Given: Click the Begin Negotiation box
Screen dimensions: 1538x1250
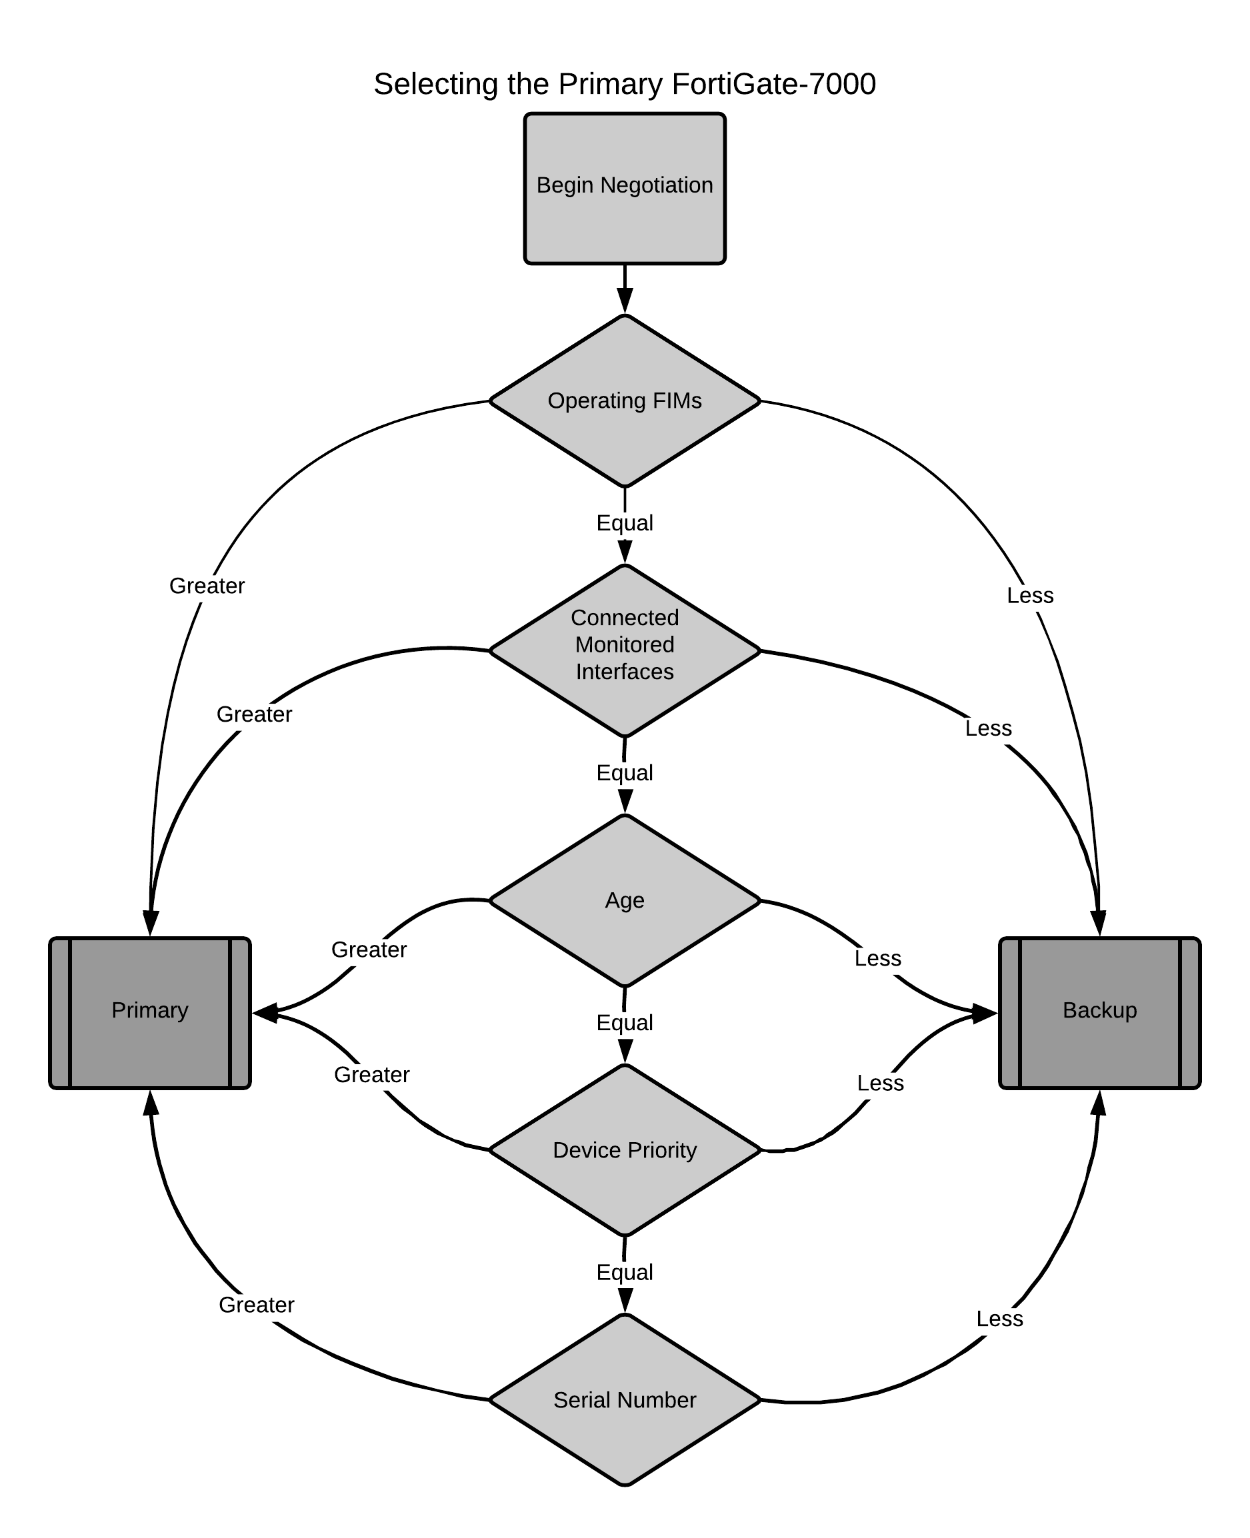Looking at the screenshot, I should click(624, 188).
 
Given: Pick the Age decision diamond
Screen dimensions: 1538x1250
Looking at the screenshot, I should click(624, 900).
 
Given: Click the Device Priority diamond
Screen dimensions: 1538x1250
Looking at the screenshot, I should click(624, 1150).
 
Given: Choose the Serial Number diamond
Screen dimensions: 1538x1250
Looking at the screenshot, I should click(624, 1399).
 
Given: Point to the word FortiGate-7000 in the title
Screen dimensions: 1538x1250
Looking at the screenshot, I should click(773, 84).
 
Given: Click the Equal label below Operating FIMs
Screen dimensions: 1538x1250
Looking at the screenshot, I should click(624, 522).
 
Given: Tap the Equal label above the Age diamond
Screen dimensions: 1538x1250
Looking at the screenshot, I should click(624, 772).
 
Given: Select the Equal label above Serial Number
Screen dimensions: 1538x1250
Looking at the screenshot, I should click(624, 1271).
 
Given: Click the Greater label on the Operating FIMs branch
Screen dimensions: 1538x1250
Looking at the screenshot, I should click(207, 585).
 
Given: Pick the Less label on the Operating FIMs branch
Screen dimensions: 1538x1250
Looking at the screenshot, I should click(1029, 595).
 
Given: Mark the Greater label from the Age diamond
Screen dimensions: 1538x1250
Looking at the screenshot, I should click(369, 950).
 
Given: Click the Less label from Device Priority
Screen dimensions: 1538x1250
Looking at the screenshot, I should click(880, 1082).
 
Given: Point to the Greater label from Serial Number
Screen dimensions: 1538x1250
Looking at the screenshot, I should click(257, 1304).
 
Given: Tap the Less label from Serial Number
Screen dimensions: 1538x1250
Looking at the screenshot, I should click(999, 1318).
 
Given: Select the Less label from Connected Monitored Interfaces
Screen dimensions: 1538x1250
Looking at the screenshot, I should click(988, 728).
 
